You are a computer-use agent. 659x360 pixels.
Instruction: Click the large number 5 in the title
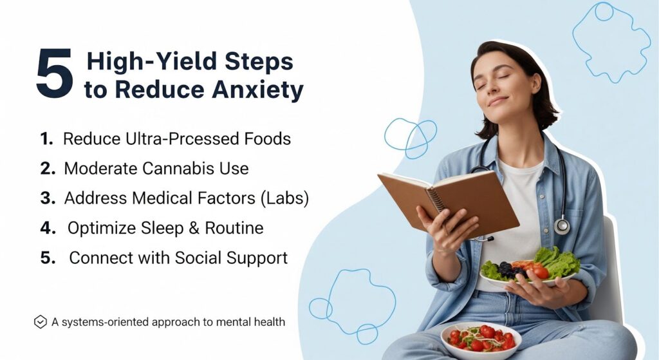click(x=55, y=73)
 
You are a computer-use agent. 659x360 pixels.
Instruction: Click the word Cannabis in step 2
click(x=178, y=169)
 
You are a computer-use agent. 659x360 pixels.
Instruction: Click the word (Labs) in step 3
click(x=284, y=198)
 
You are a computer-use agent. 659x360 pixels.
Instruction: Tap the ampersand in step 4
click(x=194, y=228)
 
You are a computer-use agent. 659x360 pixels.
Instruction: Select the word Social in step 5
click(x=198, y=258)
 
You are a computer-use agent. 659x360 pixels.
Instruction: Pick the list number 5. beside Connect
click(x=48, y=258)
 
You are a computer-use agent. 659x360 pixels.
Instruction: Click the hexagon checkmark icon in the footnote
click(x=40, y=322)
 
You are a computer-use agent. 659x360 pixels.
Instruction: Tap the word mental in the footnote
click(x=233, y=322)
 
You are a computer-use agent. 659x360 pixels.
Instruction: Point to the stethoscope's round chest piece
click(x=562, y=226)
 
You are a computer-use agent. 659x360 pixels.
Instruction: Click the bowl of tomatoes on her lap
click(x=481, y=341)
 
